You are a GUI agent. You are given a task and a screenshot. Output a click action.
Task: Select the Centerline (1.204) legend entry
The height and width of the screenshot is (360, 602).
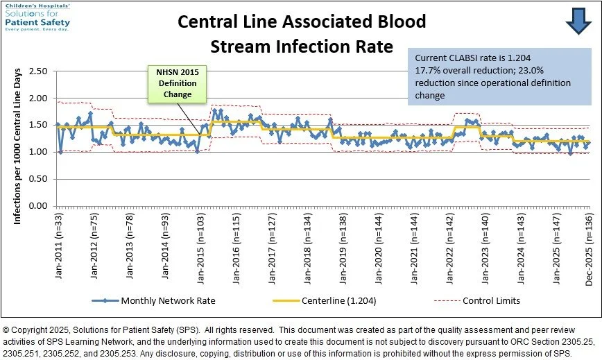point(340,301)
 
